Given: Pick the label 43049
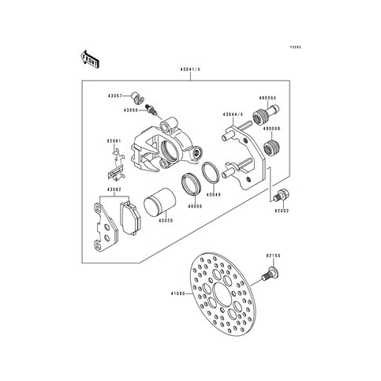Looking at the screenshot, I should coord(213,193).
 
